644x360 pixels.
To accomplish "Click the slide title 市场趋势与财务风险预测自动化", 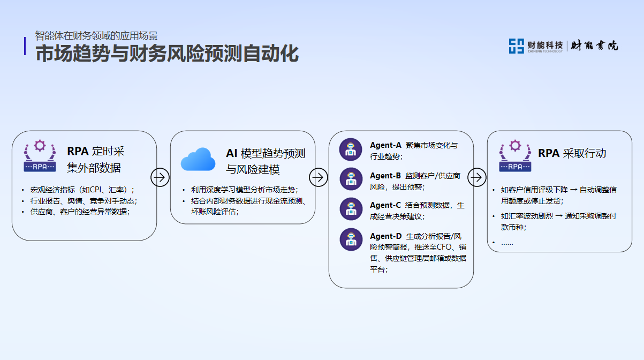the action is pyautogui.click(x=167, y=54).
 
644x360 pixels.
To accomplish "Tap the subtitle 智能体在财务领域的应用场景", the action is pyautogui.click(x=96, y=36).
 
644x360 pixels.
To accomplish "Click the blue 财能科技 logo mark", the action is pyautogui.click(x=517, y=46).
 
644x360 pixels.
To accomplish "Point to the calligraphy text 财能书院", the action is pyautogui.click(x=594, y=46).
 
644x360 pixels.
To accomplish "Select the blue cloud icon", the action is pyautogui.click(x=198, y=159).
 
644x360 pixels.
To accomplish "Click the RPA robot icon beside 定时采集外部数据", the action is pyautogui.click(x=40, y=156).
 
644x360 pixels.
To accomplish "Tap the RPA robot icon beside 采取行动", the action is pyautogui.click(x=515, y=156).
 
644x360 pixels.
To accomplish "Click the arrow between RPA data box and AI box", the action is pyautogui.click(x=160, y=177).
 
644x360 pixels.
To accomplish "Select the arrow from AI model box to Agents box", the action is pyautogui.click(x=319, y=177).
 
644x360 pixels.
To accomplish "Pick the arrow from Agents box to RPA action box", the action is pyautogui.click(x=476, y=177).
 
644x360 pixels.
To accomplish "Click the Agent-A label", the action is pyautogui.click(x=385, y=145).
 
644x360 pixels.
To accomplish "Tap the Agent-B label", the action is pyautogui.click(x=385, y=176).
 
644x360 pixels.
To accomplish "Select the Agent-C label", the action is pyautogui.click(x=385, y=205).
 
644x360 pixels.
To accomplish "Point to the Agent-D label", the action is pyautogui.click(x=385, y=236).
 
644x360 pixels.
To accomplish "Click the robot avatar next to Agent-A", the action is pyautogui.click(x=351, y=149).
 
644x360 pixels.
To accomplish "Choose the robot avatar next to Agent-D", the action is pyautogui.click(x=351, y=239).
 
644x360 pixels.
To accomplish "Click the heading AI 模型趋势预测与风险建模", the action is pyautogui.click(x=266, y=161).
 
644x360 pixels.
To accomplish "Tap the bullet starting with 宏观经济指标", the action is pyautogui.click(x=82, y=190).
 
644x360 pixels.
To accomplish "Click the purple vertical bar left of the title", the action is pyautogui.click(x=25, y=46).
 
